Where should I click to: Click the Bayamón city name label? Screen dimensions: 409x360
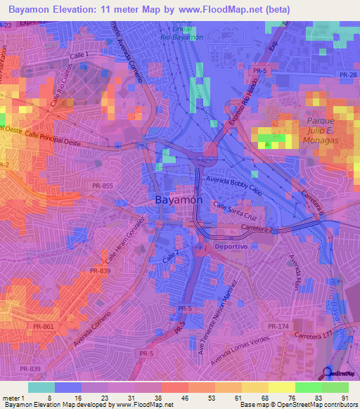coord(179,200)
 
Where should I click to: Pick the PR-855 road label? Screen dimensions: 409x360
coord(102,185)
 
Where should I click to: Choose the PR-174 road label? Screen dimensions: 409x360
coord(278,327)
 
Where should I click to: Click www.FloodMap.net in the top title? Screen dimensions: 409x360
coord(229,10)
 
